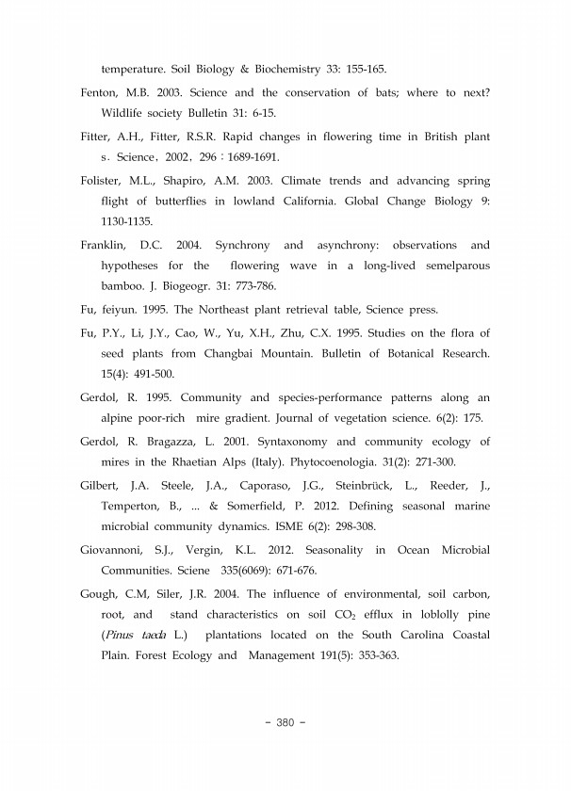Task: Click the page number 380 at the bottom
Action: click(x=285, y=722)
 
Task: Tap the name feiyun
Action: click(x=119, y=310)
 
